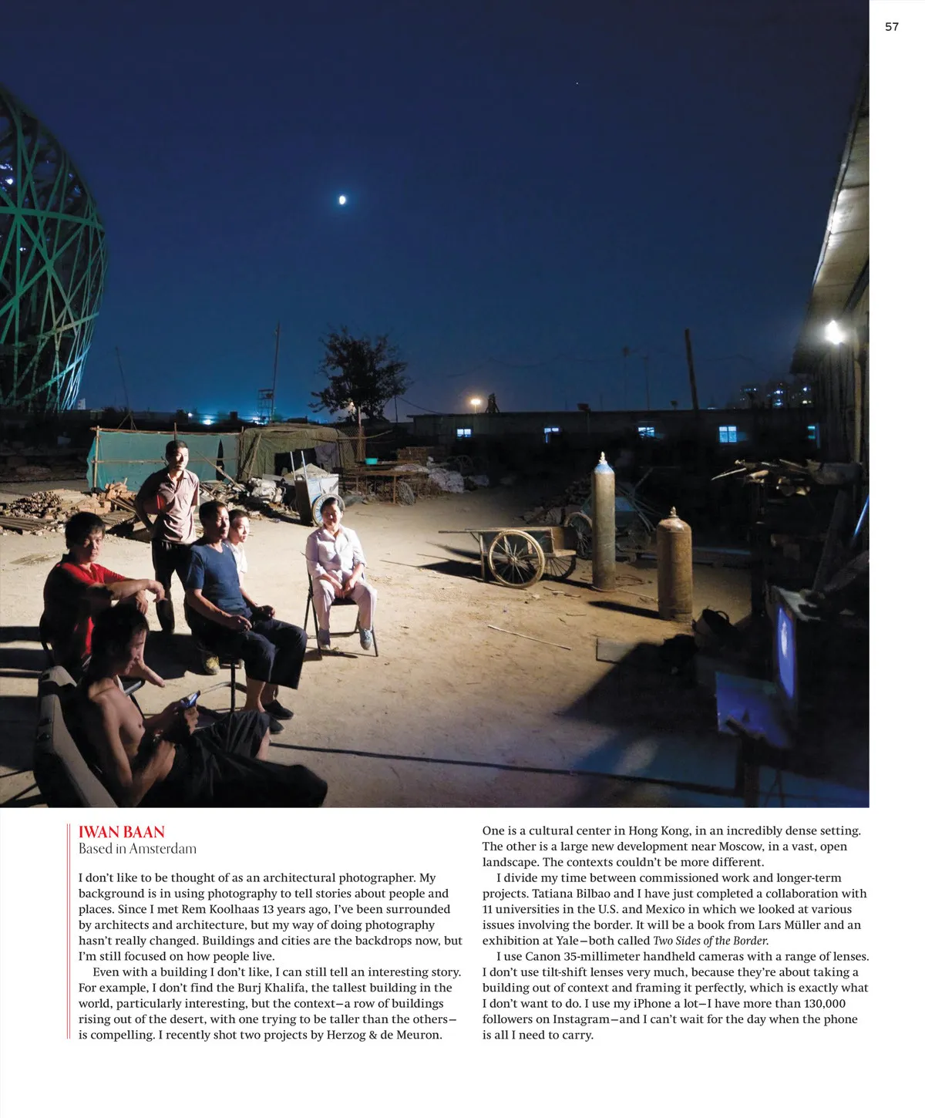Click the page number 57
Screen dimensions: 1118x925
point(891,27)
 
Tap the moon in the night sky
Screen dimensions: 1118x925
point(342,200)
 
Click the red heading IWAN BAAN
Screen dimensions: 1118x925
point(122,832)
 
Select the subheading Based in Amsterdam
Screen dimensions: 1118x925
point(137,849)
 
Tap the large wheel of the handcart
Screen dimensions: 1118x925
point(516,559)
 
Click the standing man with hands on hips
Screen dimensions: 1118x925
point(174,501)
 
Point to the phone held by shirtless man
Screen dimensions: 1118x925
point(189,700)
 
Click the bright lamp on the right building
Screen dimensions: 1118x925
point(833,333)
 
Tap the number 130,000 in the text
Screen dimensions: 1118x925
point(812,1003)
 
